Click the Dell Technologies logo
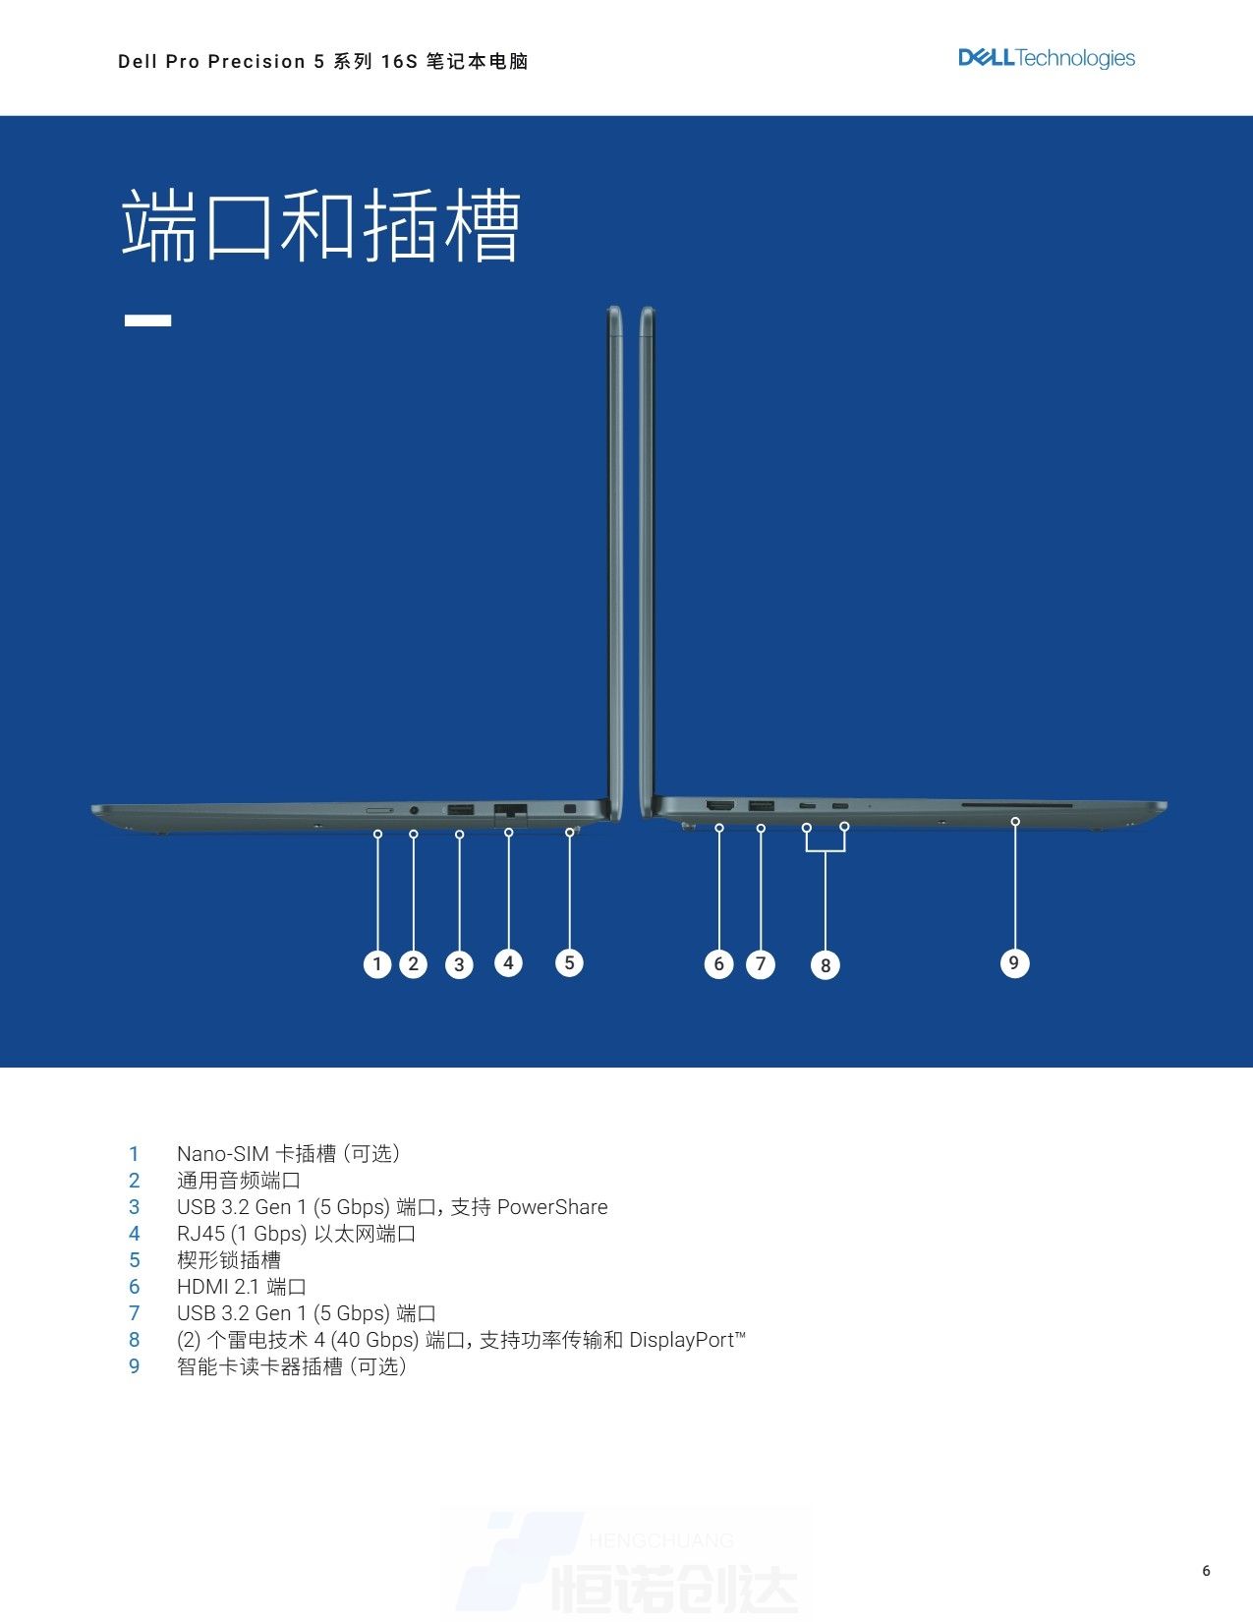pos(1047,58)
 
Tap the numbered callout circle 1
pos(376,963)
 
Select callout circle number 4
pos(508,963)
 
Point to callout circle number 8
pos(826,965)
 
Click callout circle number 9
pos(1014,963)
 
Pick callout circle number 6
pos(718,963)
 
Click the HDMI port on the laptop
pos(720,806)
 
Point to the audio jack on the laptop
pos(414,809)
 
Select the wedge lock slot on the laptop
pos(570,809)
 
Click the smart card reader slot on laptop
pos(1016,805)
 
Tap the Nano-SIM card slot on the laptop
pos(380,809)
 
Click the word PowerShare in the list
pos(552,1207)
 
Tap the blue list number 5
pos(135,1260)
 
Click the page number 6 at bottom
pos(1206,1571)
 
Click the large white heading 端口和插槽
pos(321,225)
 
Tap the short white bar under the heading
pos(147,320)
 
